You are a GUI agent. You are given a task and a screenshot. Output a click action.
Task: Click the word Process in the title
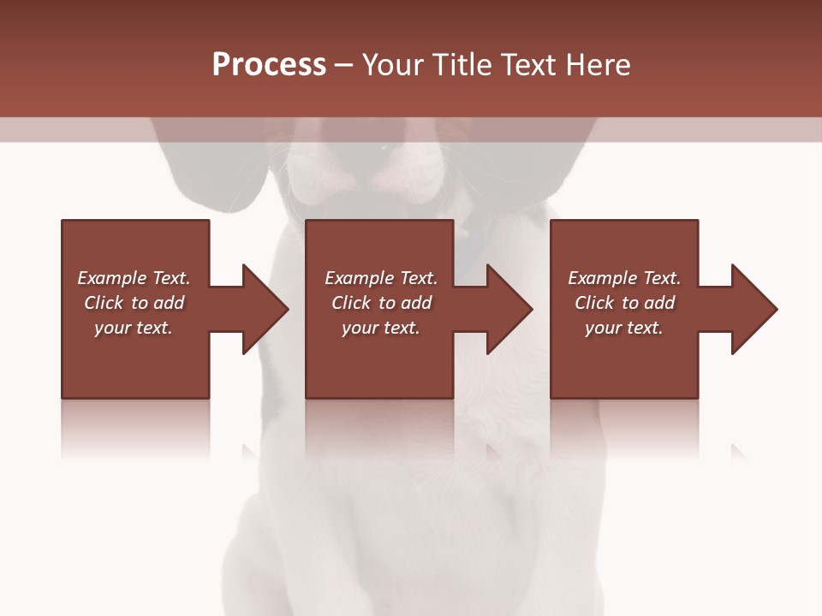pyautogui.click(x=269, y=65)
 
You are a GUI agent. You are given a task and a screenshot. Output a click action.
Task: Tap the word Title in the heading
pyautogui.click(x=458, y=65)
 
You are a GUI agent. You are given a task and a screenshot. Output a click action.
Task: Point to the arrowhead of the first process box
pyautogui.click(x=265, y=309)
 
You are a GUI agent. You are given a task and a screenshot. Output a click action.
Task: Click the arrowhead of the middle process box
pyautogui.click(x=510, y=309)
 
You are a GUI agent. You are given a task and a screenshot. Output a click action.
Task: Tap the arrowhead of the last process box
pyautogui.click(x=755, y=309)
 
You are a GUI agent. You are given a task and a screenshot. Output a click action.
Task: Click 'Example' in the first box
pyautogui.click(x=111, y=278)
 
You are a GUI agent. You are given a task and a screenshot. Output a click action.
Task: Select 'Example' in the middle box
pyautogui.click(x=359, y=278)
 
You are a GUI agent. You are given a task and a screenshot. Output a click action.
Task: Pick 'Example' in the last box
pyautogui.click(x=602, y=278)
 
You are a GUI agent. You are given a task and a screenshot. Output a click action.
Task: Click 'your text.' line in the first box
pyautogui.click(x=134, y=328)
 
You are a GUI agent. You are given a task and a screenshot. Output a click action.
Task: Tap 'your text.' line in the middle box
pyautogui.click(x=381, y=328)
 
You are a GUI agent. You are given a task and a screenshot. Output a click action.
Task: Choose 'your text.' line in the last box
pyautogui.click(x=624, y=328)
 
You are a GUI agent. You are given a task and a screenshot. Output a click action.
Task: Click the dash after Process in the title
pyautogui.click(x=343, y=65)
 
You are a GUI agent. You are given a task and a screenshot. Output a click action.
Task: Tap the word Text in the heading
pyautogui.click(x=527, y=65)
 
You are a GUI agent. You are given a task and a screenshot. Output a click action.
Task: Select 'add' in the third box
pyautogui.click(x=659, y=303)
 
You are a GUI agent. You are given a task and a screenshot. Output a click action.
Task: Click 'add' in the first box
pyautogui.click(x=169, y=303)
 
